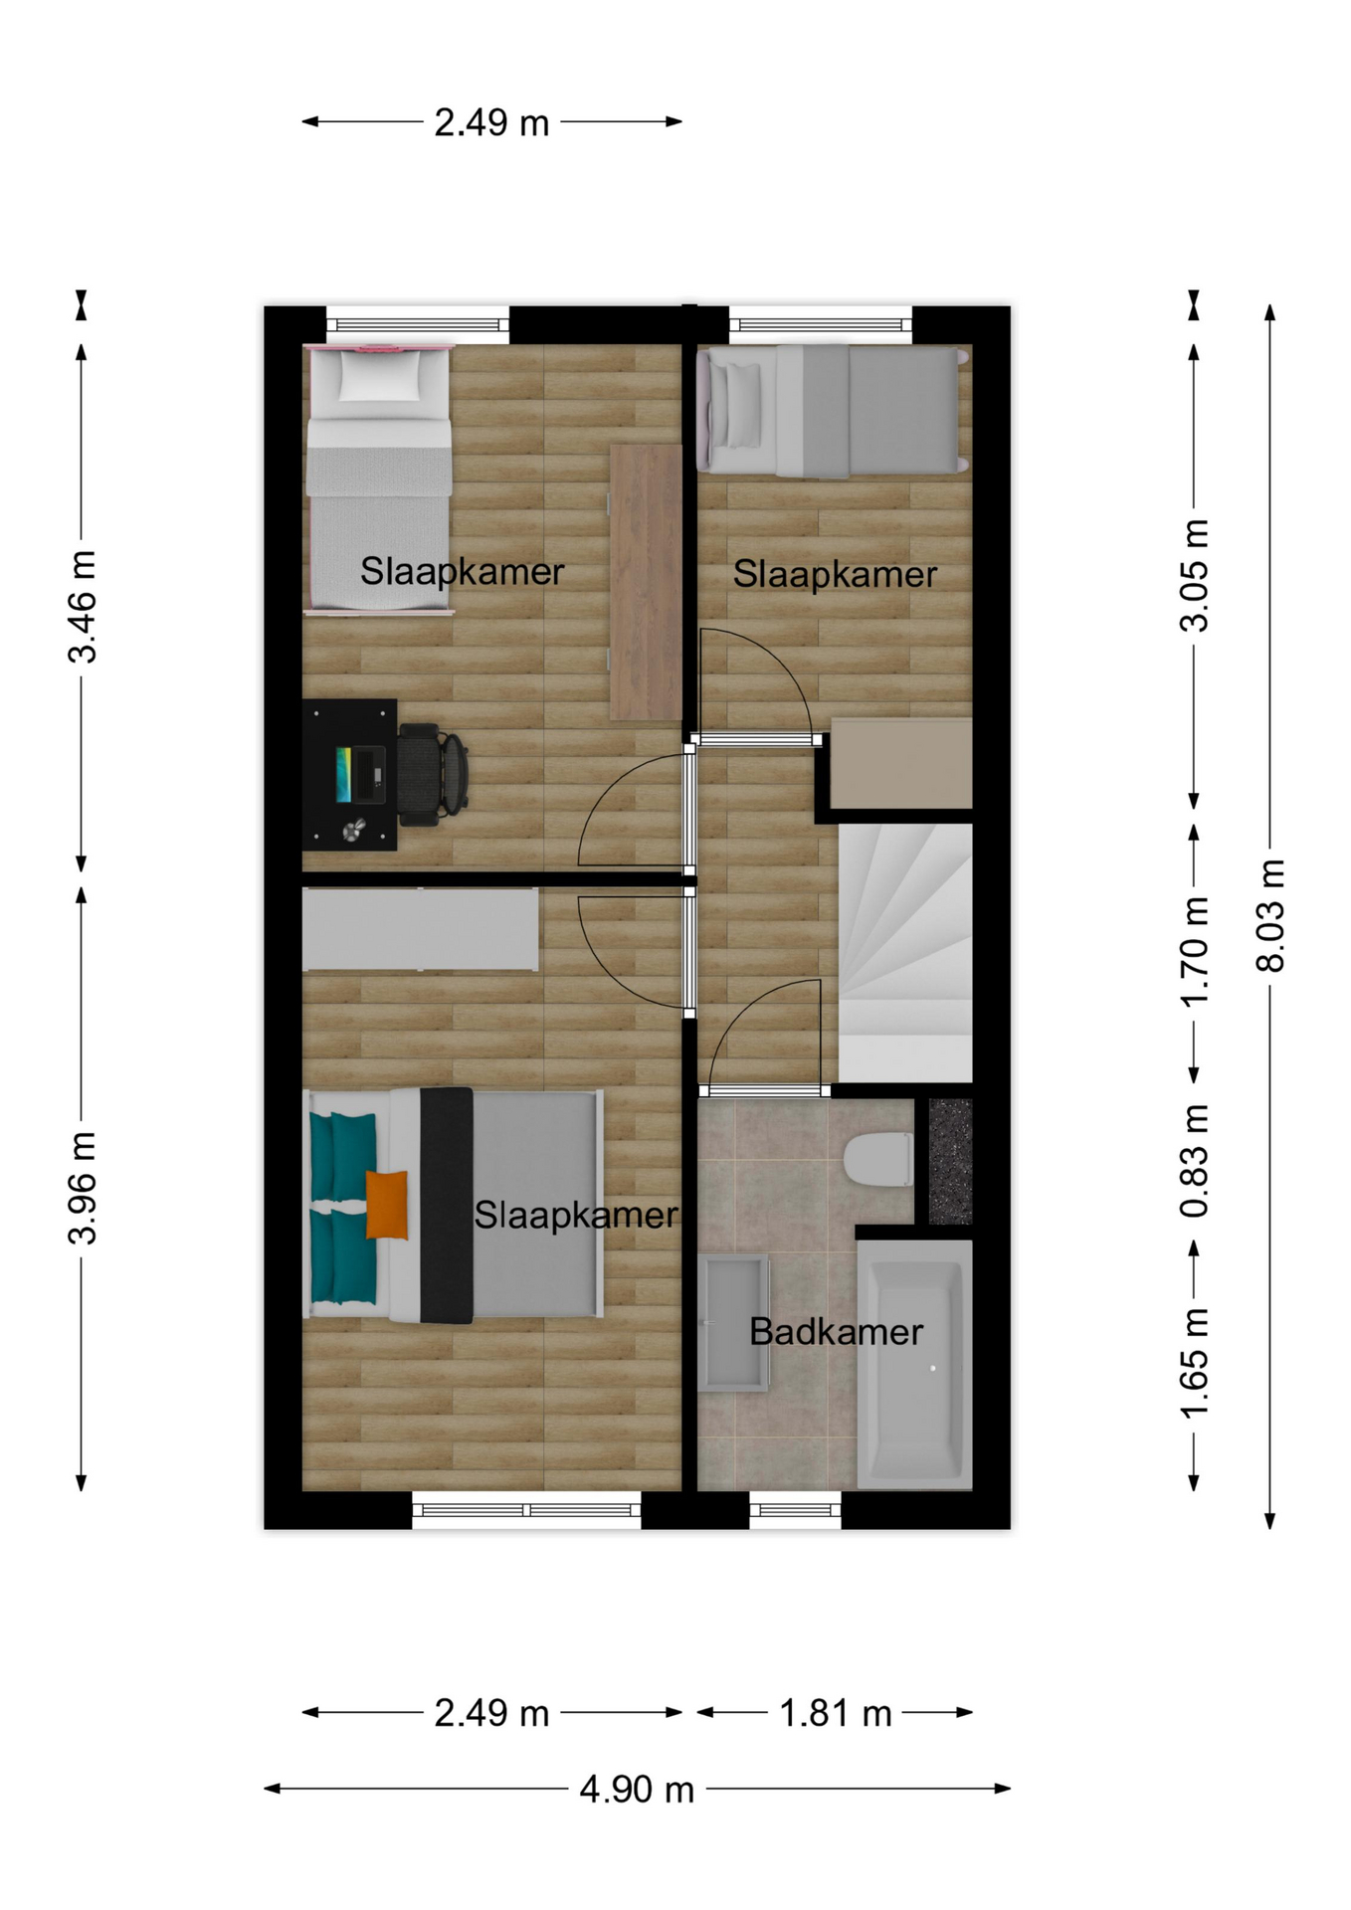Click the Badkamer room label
click(836, 1332)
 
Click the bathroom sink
click(734, 1323)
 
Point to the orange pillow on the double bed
click(387, 1205)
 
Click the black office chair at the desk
click(433, 774)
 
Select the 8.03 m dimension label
click(1270, 915)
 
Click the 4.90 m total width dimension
click(637, 1790)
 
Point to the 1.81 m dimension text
click(835, 1714)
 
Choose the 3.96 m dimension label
click(83, 1188)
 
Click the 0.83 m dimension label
click(1195, 1161)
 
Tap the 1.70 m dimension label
click(1195, 952)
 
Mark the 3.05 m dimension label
click(1195, 575)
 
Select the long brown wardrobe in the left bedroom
click(646, 582)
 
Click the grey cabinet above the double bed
click(420, 929)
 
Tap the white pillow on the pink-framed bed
click(380, 375)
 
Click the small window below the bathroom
click(795, 1510)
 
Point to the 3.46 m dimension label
click(83, 606)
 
